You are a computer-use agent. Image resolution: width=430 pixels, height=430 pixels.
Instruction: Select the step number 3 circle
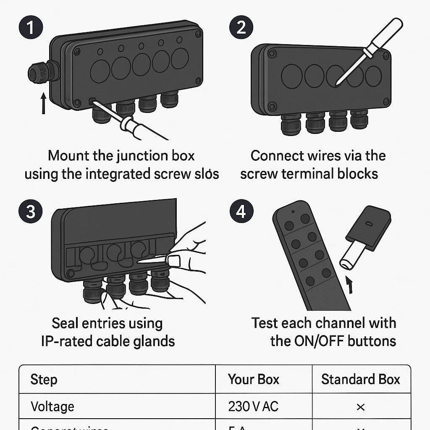(31, 211)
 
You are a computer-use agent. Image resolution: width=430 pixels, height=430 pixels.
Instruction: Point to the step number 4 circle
(241, 211)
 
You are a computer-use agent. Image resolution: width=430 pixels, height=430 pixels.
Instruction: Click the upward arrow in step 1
(43, 103)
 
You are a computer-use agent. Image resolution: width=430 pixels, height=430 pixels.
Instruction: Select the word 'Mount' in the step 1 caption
(68, 156)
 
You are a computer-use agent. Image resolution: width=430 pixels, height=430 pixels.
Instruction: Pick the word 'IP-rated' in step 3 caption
(67, 341)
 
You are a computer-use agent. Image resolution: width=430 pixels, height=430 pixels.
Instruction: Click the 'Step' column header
(44, 380)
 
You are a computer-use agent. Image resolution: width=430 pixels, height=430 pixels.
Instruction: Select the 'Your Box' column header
(253, 380)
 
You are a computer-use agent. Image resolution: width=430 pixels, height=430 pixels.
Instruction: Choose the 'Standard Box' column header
(360, 380)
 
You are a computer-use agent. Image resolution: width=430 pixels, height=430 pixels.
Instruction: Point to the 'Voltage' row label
(52, 406)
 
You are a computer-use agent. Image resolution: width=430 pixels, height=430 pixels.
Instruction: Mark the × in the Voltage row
(360, 407)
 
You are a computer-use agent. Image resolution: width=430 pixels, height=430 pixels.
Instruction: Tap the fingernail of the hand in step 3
(173, 260)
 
